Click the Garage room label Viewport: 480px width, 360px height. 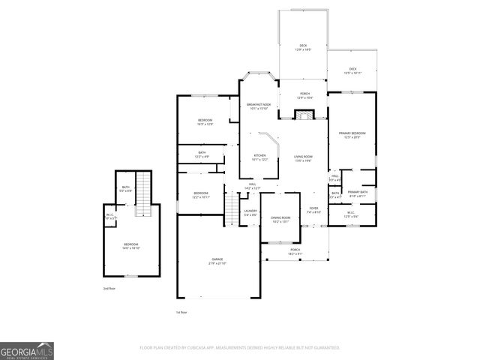[217, 262]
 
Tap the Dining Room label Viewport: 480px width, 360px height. [280, 219]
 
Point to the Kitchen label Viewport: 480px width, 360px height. [259, 157]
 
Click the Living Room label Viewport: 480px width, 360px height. [303, 158]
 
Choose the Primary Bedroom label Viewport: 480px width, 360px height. [350, 135]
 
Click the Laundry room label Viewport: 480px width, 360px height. [250, 212]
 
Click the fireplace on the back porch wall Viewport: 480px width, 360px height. [303, 115]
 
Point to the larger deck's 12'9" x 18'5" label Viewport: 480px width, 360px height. [303, 47]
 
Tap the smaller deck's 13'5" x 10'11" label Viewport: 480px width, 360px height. [352, 71]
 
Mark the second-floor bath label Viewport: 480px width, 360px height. [126, 189]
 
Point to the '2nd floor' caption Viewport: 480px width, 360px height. [109, 288]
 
